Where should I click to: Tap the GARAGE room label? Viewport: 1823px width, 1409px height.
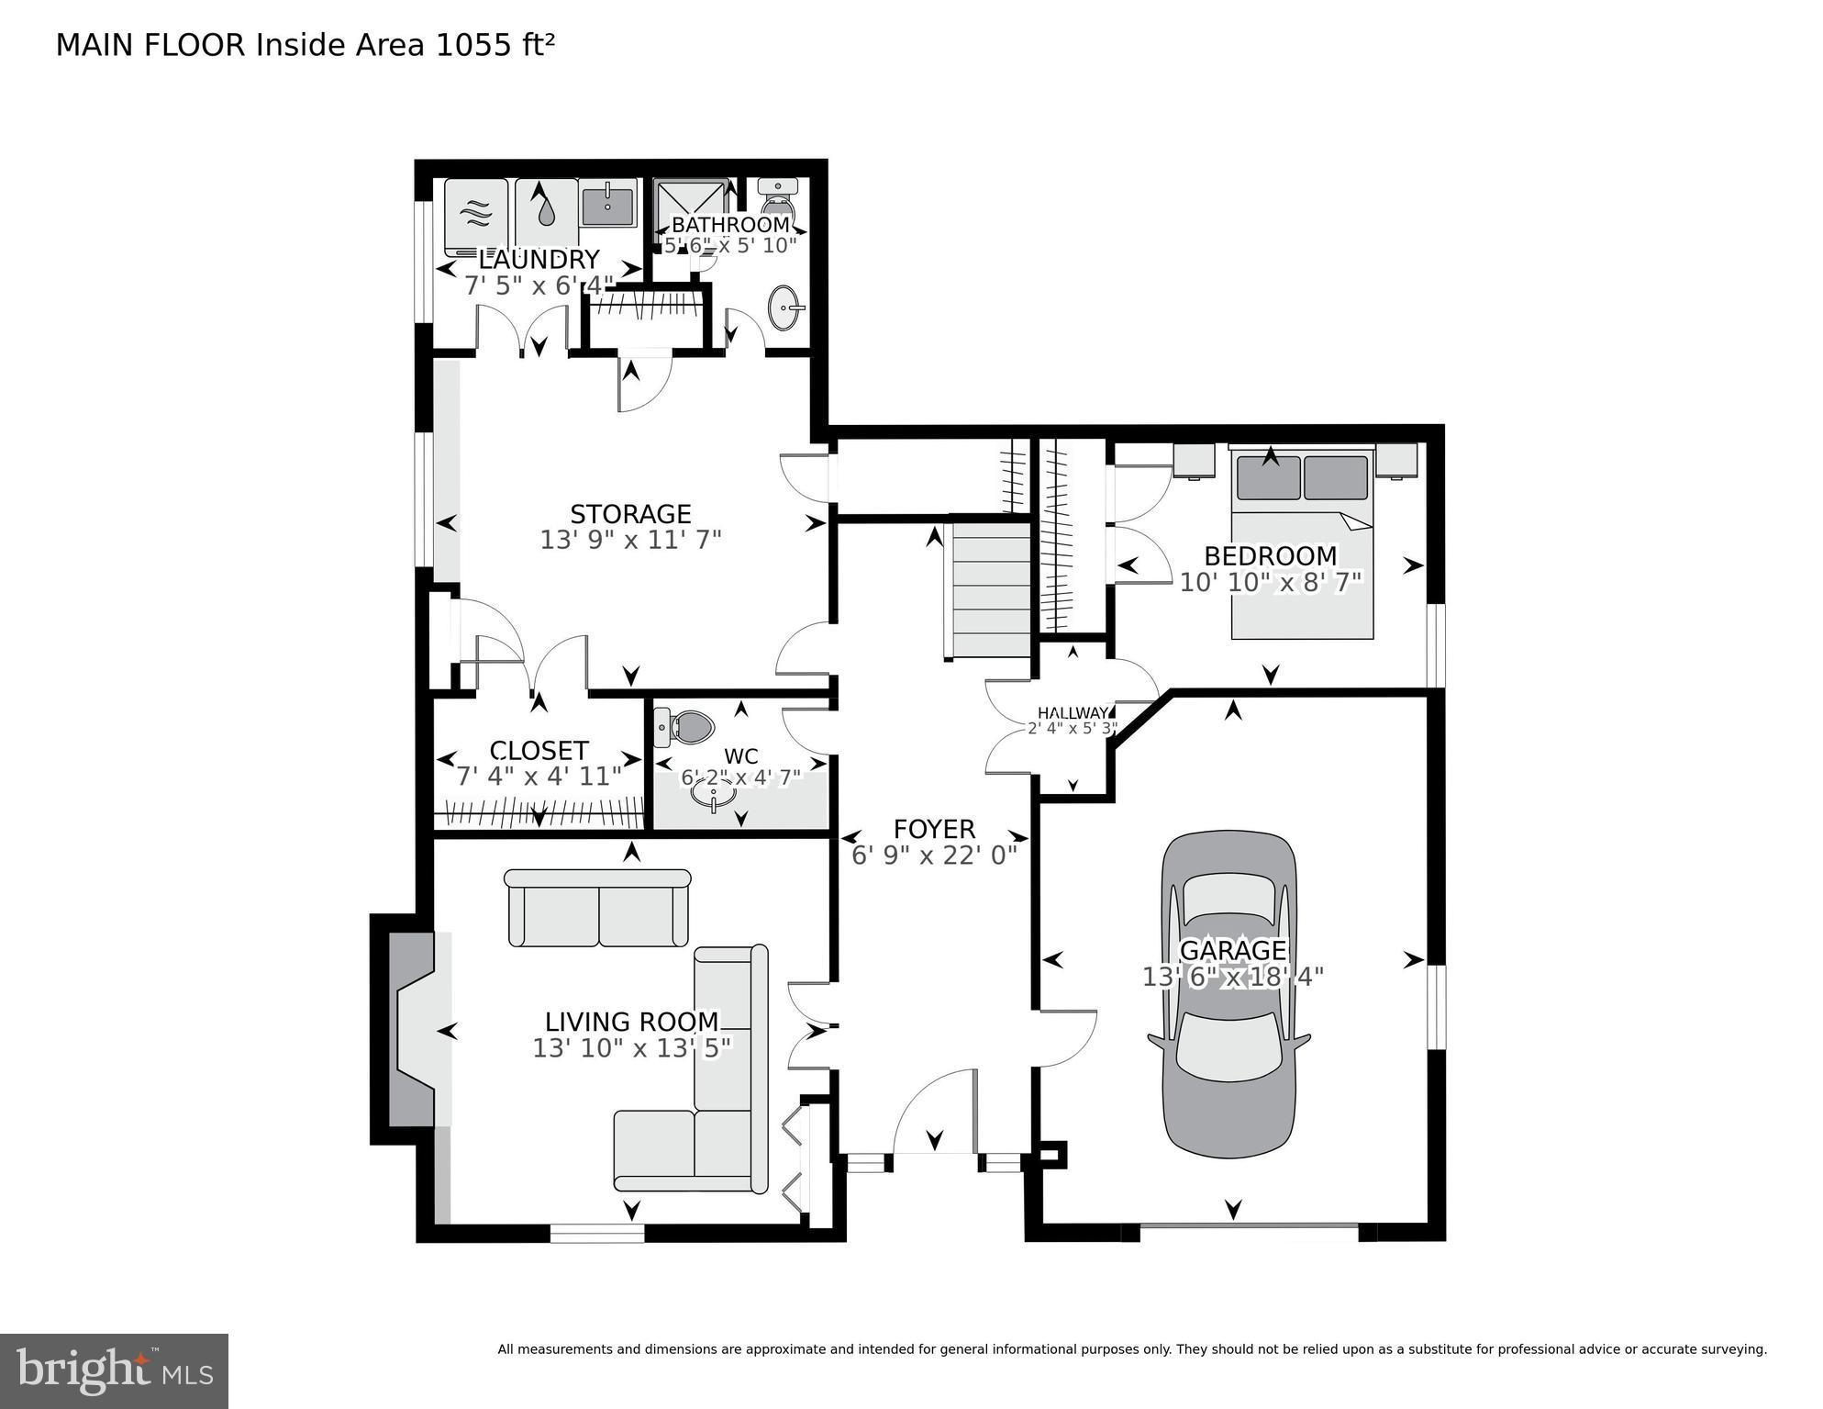pos(1232,950)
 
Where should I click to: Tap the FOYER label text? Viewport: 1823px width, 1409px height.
pos(934,830)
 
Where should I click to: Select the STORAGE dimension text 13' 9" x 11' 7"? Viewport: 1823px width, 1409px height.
pos(630,540)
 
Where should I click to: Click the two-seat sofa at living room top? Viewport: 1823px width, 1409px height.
pos(597,908)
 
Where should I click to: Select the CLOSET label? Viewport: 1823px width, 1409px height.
pos(539,751)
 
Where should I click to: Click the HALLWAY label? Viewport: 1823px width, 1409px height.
pos(1073,713)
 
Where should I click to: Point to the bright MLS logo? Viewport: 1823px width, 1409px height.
pos(114,1370)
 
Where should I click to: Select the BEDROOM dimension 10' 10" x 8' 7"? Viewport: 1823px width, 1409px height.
pos(1271,582)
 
